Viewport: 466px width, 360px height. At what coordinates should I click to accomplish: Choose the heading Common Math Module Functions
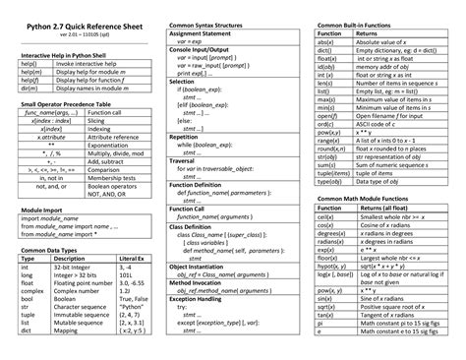click(371, 198)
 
